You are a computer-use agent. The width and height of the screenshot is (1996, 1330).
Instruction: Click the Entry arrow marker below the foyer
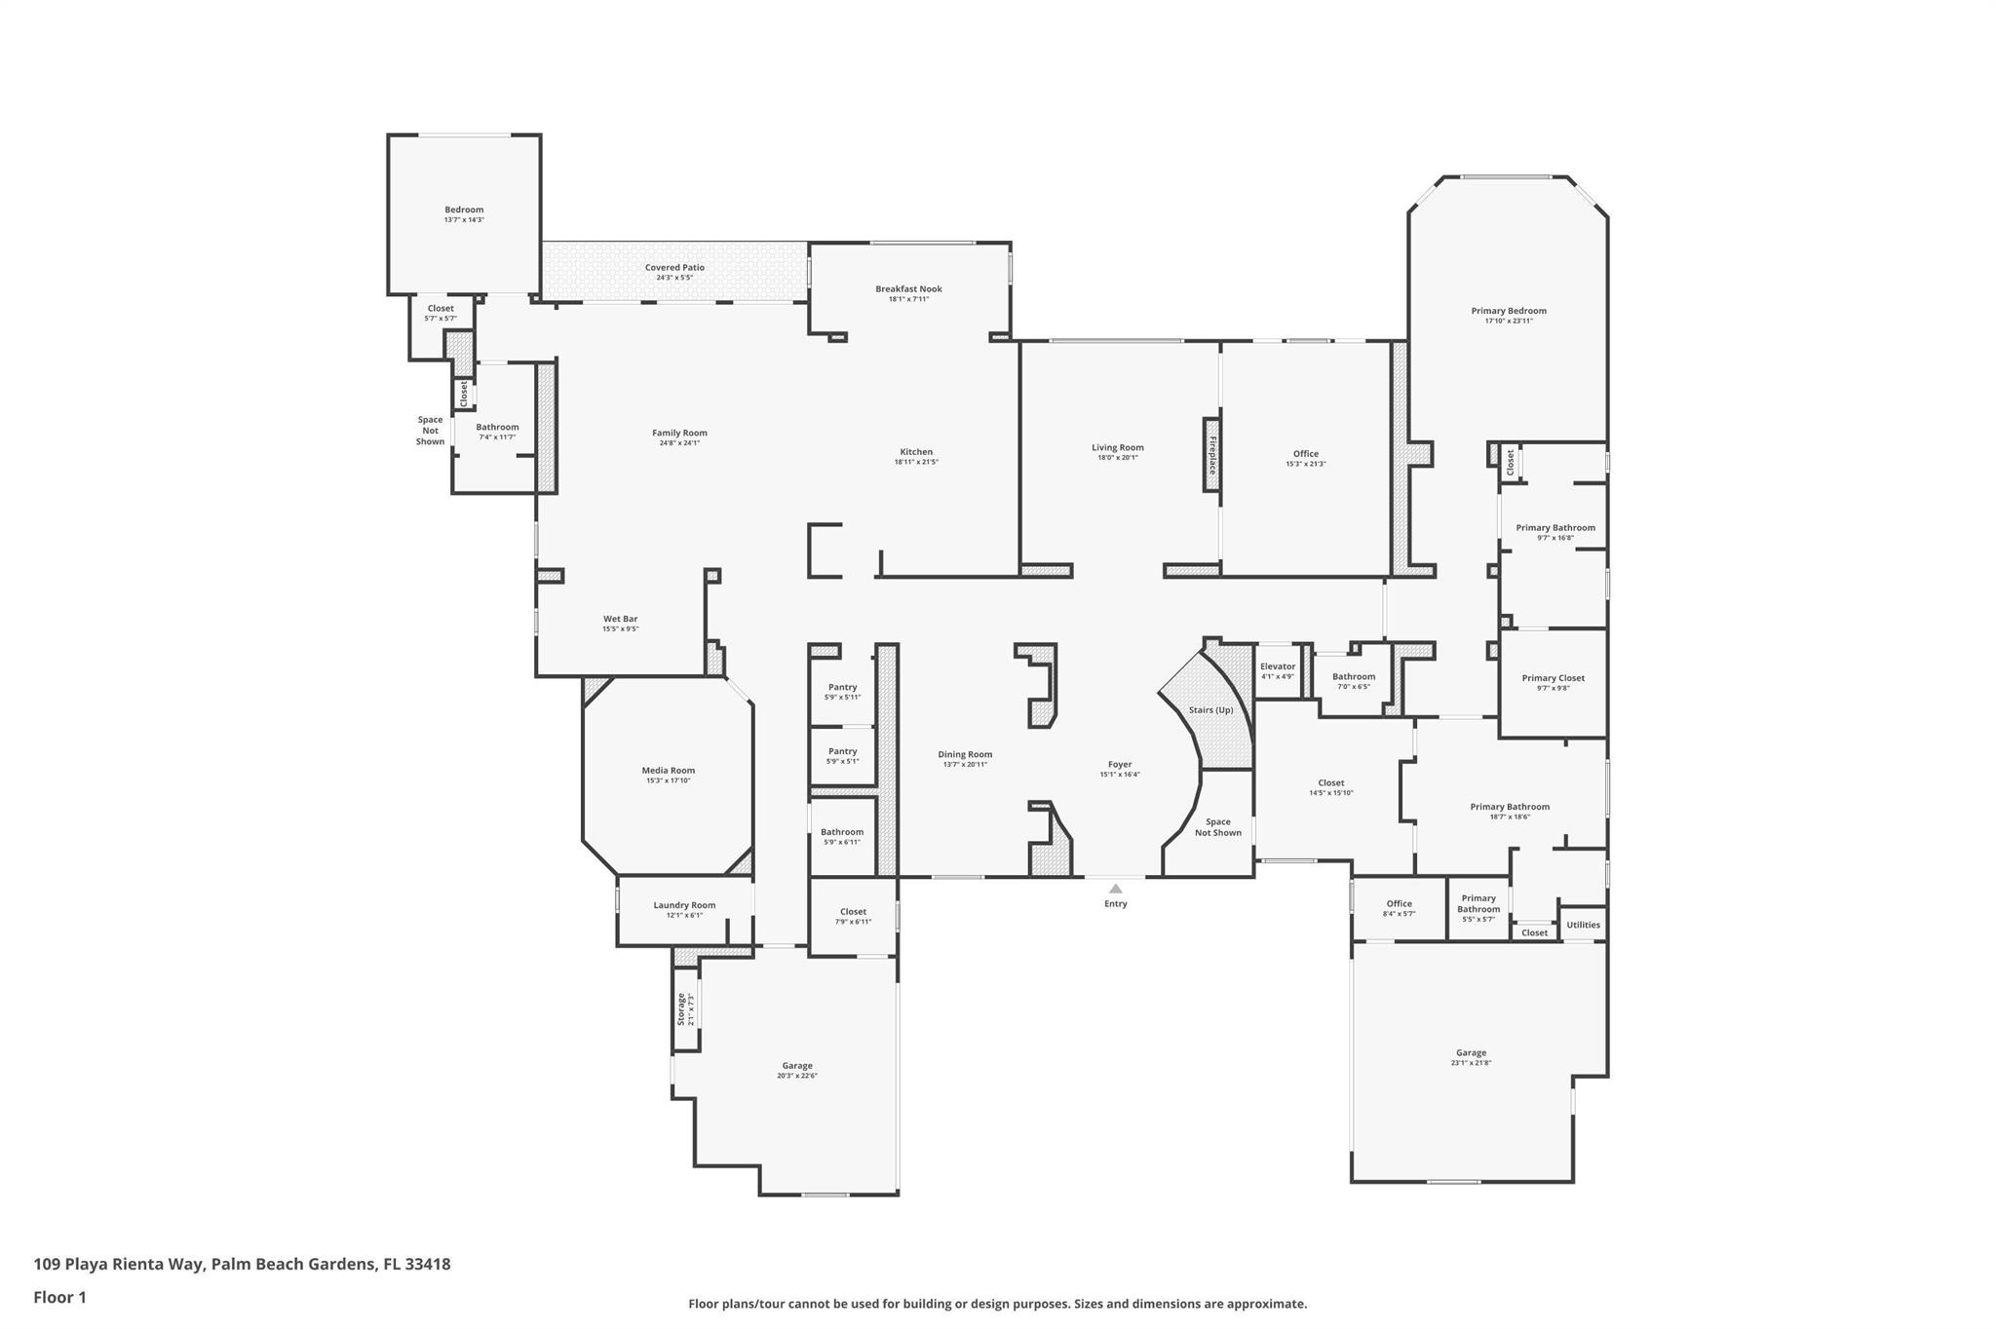tap(1115, 888)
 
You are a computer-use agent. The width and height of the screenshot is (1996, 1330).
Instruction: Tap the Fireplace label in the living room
tap(1212, 455)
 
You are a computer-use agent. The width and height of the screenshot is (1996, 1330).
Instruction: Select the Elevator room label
tap(1277, 666)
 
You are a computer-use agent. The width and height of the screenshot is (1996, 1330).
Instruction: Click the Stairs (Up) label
tap(1210, 709)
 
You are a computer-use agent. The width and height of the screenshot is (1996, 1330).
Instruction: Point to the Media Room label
tap(668, 770)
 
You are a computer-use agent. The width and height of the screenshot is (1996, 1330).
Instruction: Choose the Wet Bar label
tap(620, 619)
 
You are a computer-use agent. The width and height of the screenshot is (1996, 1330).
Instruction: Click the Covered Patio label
tap(674, 267)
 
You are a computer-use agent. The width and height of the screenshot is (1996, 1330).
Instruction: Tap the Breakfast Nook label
tap(908, 288)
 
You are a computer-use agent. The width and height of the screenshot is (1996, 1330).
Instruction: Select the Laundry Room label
tap(684, 904)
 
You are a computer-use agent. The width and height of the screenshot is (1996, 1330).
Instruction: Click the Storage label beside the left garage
tap(681, 1008)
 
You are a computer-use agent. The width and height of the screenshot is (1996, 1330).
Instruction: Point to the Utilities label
tap(1583, 925)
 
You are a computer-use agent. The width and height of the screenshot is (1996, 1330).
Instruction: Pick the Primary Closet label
tap(1553, 678)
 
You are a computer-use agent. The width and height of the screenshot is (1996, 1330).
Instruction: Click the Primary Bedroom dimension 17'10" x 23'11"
tap(1509, 321)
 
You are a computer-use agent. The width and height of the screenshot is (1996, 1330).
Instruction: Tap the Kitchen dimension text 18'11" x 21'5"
tap(916, 462)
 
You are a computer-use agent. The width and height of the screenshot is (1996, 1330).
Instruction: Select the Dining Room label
tap(965, 754)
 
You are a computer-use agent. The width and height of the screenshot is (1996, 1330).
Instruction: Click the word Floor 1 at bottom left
tap(60, 1297)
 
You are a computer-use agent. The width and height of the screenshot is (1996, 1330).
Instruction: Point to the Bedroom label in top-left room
tap(464, 209)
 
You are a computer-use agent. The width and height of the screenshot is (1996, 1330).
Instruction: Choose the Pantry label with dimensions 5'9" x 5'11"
tap(842, 687)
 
